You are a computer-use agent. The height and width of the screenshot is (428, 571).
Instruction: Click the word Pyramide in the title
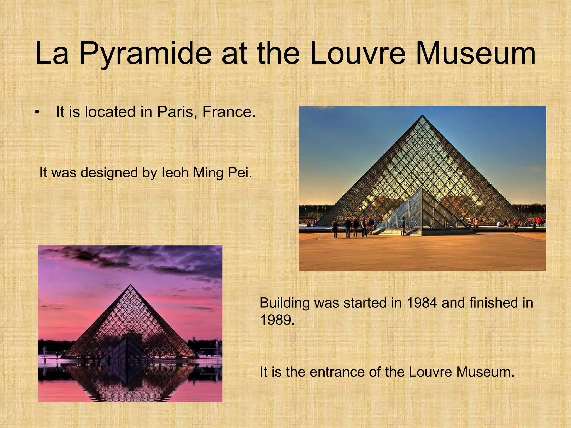(145, 53)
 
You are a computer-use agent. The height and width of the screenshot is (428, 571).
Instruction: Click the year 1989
(277, 320)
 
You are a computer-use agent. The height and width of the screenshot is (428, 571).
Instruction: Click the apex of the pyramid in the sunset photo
(130, 285)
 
